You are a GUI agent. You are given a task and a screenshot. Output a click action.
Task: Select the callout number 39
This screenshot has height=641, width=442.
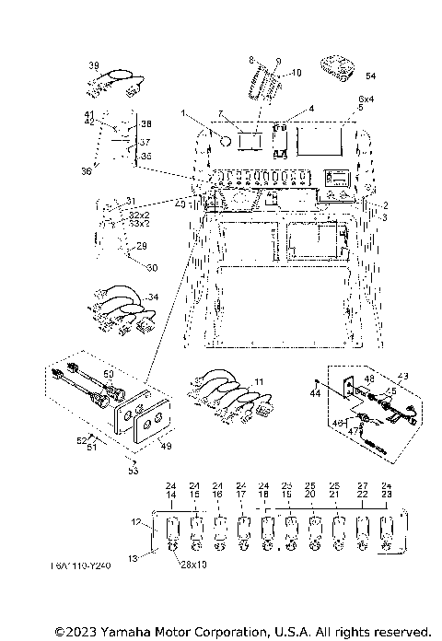[93, 65]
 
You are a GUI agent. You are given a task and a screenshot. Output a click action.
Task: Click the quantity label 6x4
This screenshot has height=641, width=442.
[366, 99]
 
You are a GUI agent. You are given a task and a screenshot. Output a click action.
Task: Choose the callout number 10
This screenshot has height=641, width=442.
[297, 71]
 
